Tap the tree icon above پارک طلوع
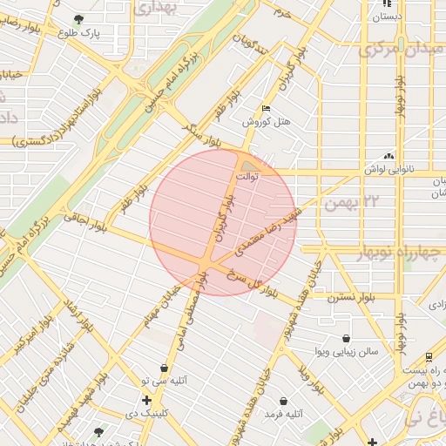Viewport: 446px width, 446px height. pyautogui.click(x=79, y=18)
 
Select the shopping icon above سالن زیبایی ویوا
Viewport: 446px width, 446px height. pyautogui.click(x=347, y=338)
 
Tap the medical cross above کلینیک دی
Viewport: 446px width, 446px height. pyautogui.click(x=145, y=401)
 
